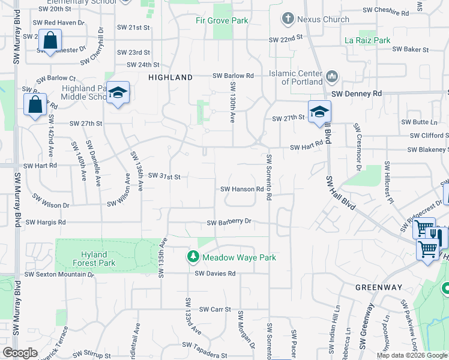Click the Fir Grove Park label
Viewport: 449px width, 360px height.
[x=221, y=20]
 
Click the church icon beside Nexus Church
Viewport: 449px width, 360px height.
[x=288, y=19]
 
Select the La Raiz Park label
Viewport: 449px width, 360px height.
[x=367, y=40]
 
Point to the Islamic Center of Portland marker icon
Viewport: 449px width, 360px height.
[x=331, y=77]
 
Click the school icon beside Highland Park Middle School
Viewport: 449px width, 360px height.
[x=118, y=92]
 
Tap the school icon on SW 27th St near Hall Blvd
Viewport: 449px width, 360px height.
[x=320, y=112]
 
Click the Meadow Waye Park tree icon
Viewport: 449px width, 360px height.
[x=193, y=257]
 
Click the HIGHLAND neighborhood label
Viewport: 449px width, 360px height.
[x=170, y=77]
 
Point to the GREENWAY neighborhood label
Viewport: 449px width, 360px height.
[x=379, y=287]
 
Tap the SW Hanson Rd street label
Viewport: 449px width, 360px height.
[x=243, y=189]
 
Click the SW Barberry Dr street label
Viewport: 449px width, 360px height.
[x=229, y=222]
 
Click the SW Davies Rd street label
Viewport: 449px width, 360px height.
[x=215, y=273]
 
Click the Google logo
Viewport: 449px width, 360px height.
[x=20, y=353]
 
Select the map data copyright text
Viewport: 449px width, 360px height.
[x=411, y=355]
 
